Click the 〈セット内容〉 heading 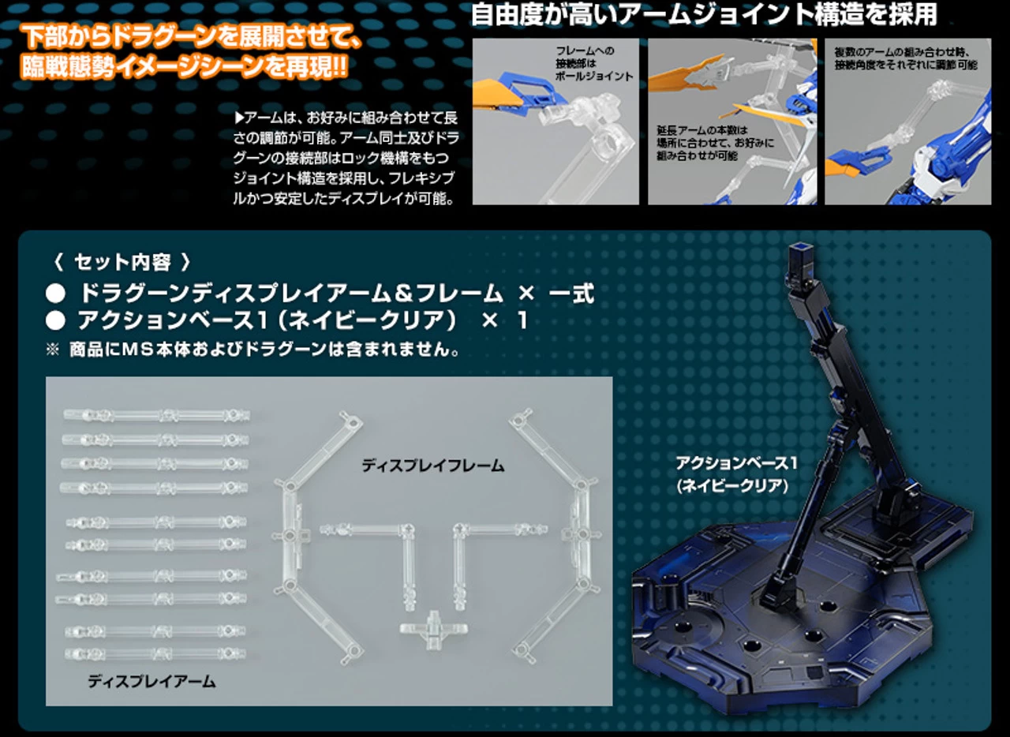(122, 262)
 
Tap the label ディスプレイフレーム (433, 466)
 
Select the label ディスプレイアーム (151, 681)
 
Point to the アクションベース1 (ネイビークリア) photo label (736, 474)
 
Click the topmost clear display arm (156, 415)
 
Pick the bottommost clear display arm (155, 653)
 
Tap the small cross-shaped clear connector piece (433, 630)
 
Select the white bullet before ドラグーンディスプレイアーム (55, 294)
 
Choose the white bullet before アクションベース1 (55, 321)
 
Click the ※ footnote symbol (52, 350)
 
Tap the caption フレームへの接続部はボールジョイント (594, 63)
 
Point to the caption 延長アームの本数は (701, 130)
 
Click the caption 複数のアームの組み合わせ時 (902, 52)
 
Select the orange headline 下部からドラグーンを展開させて (191, 37)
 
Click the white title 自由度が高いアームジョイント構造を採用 (704, 14)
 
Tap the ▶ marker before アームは (239, 118)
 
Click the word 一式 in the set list (571, 294)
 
